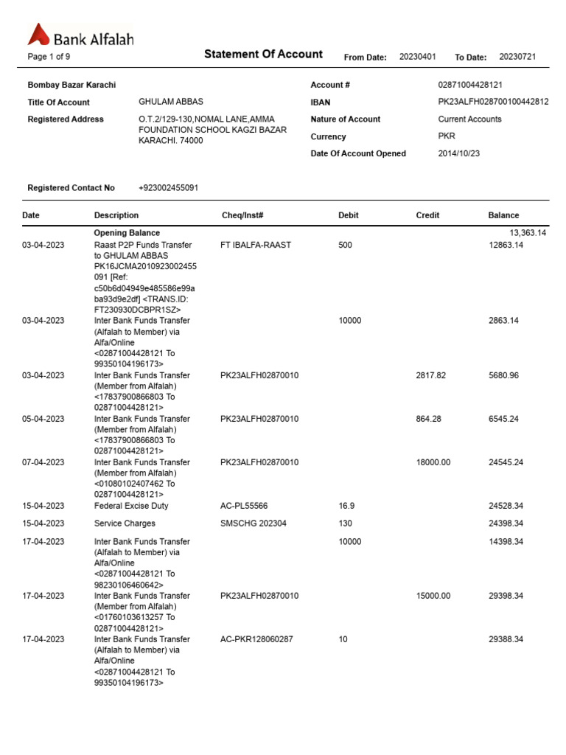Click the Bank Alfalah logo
point(80,36)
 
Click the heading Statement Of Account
point(263,54)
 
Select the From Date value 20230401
point(417,57)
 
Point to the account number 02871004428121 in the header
point(470,86)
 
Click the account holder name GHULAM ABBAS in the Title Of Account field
point(171,102)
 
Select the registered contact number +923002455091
point(168,188)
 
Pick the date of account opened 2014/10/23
point(458,153)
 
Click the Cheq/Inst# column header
point(242,215)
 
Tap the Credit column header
point(427,215)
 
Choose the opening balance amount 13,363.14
point(517,233)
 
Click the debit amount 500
point(345,245)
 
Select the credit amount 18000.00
point(433,462)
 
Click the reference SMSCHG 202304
point(254,523)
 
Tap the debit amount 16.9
point(346,506)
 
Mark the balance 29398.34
point(506,596)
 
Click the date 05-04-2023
point(43,419)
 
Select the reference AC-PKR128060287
point(256,639)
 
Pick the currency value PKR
point(447,136)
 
